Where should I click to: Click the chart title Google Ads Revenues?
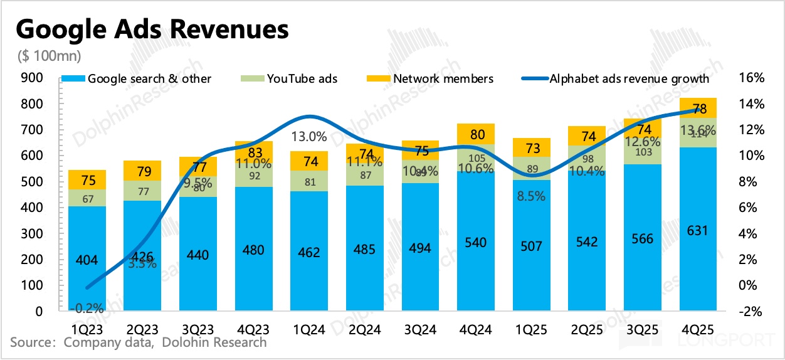(152, 29)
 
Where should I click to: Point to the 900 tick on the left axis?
(33, 78)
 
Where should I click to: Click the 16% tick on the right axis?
(752, 78)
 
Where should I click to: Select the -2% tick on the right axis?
(752, 312)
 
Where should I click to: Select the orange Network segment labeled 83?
(253, 151)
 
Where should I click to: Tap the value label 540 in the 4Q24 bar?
(475, 242)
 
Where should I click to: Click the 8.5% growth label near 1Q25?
(530, 195)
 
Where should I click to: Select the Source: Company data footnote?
(138, 342)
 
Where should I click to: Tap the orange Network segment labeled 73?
(531, 147)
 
